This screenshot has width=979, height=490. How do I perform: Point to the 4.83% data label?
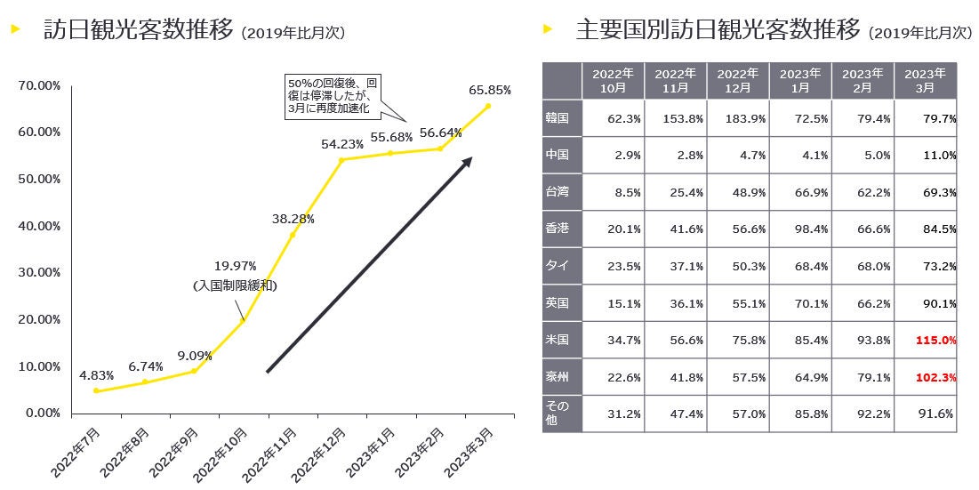tap(95, 374)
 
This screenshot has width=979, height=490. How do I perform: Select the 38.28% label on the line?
tap(293, 217)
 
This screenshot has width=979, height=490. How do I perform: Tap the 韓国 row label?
tap(558, 117)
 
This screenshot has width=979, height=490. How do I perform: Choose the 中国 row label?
tap(558, 155)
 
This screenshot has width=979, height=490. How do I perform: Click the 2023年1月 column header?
tap(800, 80)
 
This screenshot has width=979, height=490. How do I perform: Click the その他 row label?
tap(558, 413)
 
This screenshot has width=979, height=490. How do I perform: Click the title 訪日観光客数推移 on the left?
tap(139, 30)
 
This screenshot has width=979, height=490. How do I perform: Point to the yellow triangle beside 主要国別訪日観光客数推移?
tap(549, 29)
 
